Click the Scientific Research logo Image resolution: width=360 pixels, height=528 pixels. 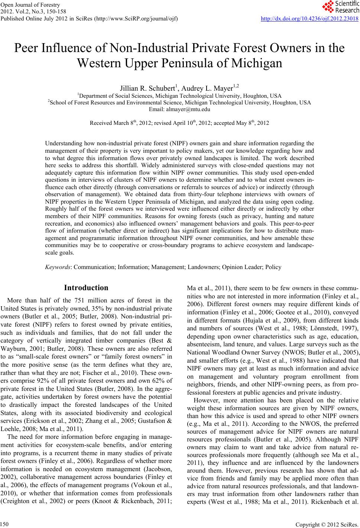click(340, 7)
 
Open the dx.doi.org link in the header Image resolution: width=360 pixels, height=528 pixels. click(309, 18)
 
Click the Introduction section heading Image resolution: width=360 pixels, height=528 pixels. click(86, 288)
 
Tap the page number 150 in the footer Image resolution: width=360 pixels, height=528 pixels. click(5, 523)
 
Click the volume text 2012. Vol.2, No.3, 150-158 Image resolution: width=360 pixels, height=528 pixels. click(30, 12)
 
